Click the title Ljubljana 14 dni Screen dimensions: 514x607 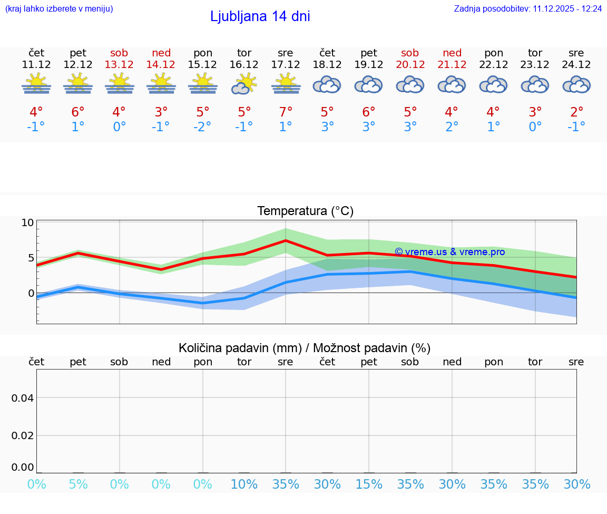point(260,16)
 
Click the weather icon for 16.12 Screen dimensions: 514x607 point(244,84)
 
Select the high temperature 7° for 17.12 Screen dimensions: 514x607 point(286,112)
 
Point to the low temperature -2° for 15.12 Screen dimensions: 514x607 point(202,127)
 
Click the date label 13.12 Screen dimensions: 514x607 point(119,64)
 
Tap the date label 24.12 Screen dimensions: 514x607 point(576,64)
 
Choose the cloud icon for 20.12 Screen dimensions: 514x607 point(410,84)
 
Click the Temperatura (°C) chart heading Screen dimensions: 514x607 point(305,211)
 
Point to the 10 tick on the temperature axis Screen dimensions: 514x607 point(27,222)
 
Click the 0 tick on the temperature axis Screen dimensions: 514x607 point(31,293)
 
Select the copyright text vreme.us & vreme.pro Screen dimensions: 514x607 point(449,252)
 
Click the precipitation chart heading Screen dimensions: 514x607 point(305,348)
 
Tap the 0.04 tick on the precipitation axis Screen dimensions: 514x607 point(23,398)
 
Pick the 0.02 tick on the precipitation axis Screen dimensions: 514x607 point(23,435)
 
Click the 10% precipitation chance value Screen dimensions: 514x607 point(244,484)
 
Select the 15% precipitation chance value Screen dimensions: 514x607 point(369,484)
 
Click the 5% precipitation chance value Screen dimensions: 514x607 point(78,484)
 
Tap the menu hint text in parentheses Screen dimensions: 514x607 point(59,9)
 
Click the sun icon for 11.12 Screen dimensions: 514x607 point(36,84)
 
